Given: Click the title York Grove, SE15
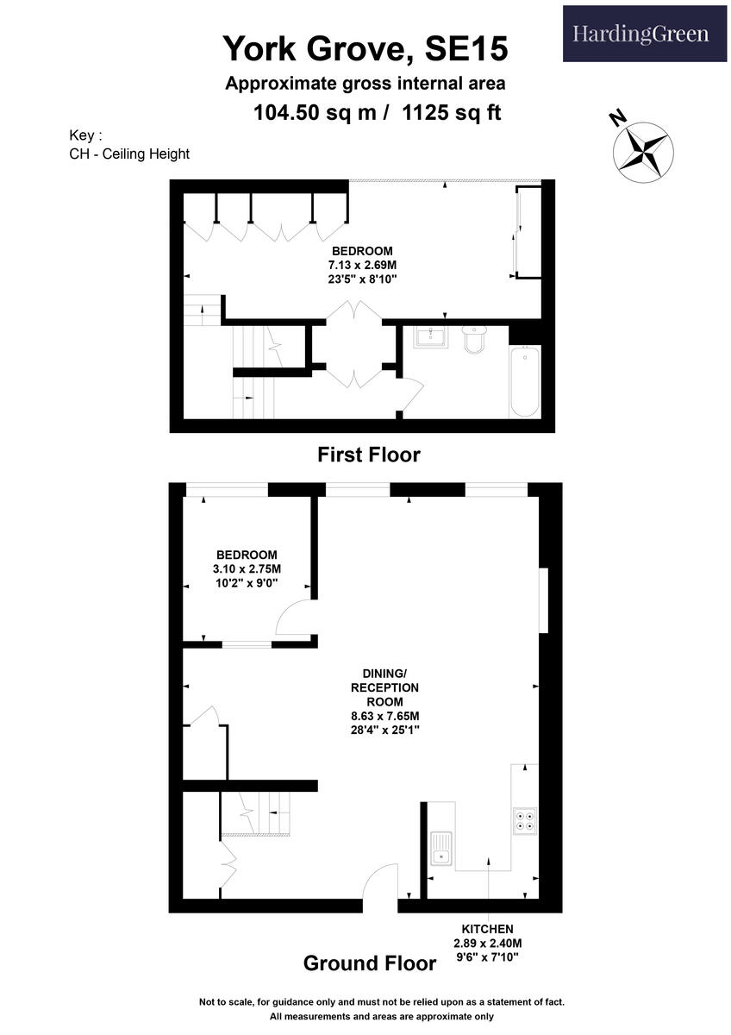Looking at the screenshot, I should coord(365,48).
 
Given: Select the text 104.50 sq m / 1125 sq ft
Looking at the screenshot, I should coord(377,112).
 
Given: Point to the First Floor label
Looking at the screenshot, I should coord(368,454).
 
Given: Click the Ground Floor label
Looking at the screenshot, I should coord(369,963).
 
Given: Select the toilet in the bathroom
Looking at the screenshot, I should coord(475,339).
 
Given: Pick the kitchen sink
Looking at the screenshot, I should coord(442,846).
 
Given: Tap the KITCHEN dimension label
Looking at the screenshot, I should coord(488,943).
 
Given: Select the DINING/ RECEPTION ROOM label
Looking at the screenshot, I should coord(384,701).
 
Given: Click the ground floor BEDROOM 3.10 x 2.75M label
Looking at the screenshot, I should coord(247,568).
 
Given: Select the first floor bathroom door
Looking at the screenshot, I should coord(410,398).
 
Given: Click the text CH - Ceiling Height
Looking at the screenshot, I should coord(129,154).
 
